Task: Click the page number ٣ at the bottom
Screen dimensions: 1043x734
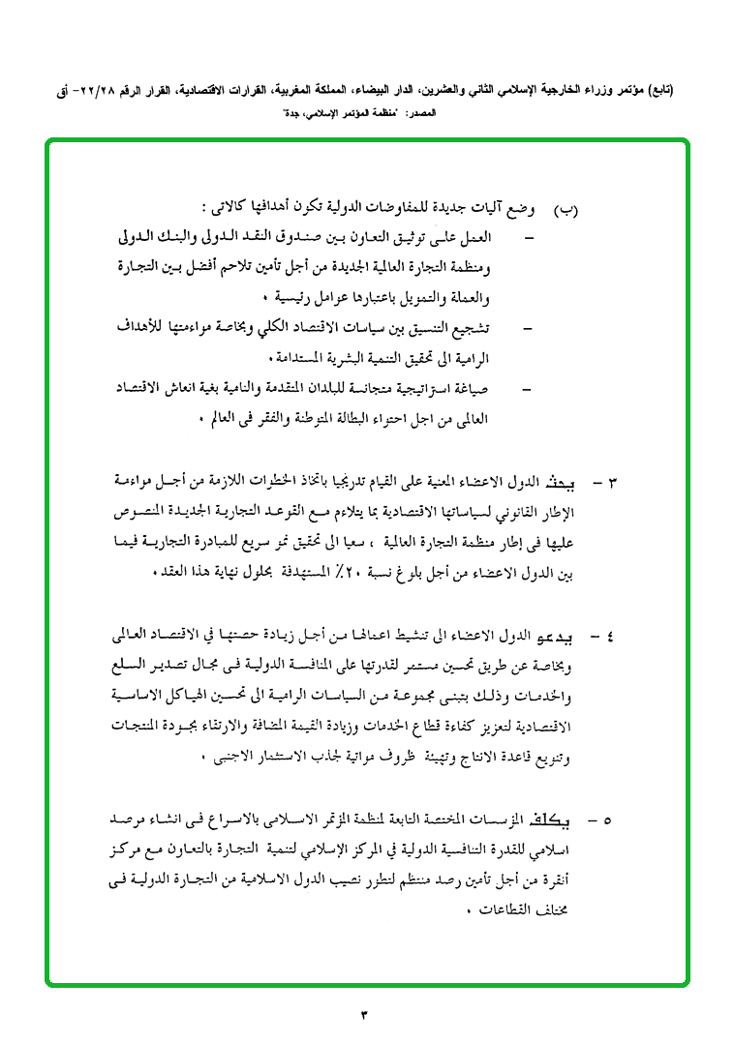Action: tap(366, 1014)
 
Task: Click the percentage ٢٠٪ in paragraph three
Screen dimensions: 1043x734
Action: tap(348, 571)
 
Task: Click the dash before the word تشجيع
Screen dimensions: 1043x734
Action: tap(527, 329)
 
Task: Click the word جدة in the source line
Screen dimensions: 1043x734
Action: tap(292, 113)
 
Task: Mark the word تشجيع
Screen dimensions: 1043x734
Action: tap(470, 329)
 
